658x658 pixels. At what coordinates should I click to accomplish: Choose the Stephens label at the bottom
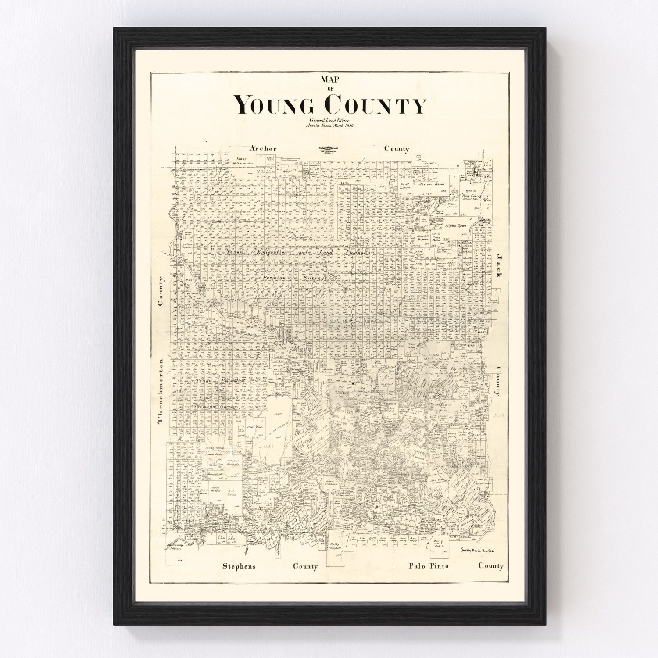point(239,566)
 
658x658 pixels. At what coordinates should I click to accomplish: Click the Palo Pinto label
point(428,565)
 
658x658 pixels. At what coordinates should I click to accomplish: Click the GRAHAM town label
point(390,403)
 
